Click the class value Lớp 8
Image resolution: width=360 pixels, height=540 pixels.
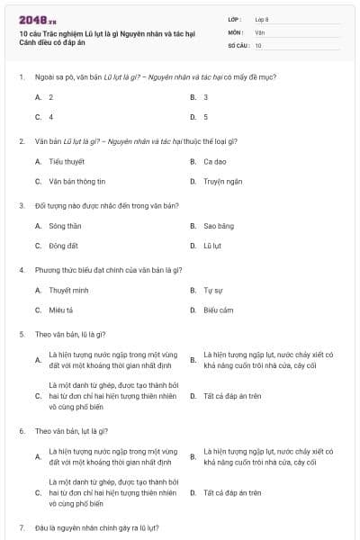pyautogui.click(x=263, y=19)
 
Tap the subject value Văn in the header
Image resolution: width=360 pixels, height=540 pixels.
pyautogui.click(x=260, y=31)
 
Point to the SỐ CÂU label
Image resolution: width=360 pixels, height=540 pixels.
pyautogui.click(x=238, y=44)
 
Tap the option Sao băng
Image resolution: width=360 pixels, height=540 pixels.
pyautogui.click(x=219, y=226)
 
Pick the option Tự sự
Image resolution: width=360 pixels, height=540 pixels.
pyautogui.click(x=213, y=291)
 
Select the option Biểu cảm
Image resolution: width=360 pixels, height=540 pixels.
pyautogui.click(x=219, y=310)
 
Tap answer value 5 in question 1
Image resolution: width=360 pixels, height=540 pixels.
pyautogui.click(x=205, y=116)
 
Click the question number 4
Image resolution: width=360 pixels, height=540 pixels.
pyautogui.click(x=22, y=270)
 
